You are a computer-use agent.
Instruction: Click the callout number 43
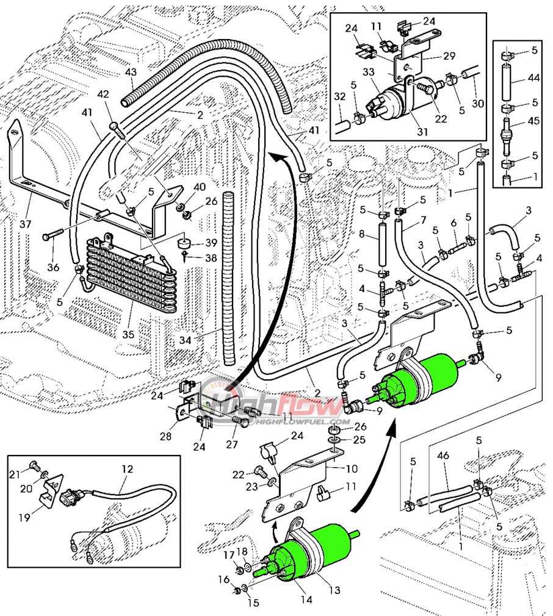(130, 72)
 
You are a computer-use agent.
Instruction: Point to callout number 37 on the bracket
(25, 224)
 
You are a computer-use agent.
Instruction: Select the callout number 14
(306, 600)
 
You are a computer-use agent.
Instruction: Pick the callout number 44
(533, 79)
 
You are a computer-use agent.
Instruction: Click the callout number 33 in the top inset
(369, 72)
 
